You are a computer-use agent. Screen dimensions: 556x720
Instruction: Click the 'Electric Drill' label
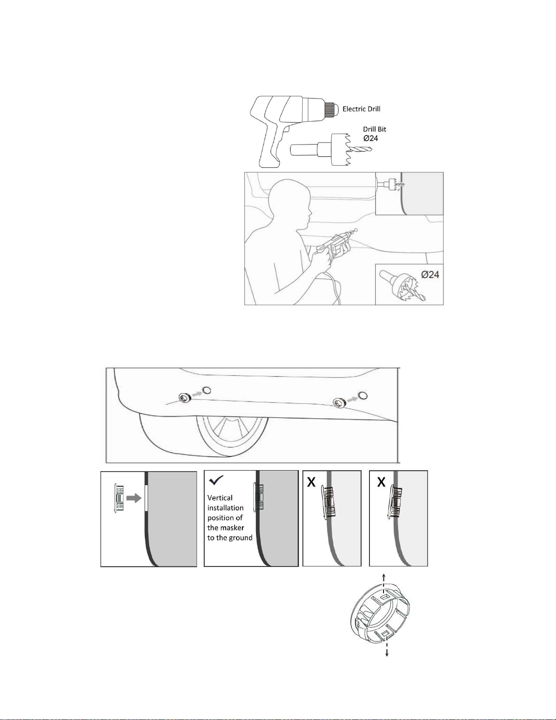pos(361,109)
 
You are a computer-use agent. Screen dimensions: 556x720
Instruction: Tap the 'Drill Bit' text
pos(374,129)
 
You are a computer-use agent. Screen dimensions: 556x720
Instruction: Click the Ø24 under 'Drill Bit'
pos(371,138)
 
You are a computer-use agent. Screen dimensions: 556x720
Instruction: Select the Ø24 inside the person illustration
pos(430,274)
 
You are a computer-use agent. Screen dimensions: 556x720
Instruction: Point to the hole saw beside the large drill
pos(331,150)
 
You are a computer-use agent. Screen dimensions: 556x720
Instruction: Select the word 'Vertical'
pos(220,498)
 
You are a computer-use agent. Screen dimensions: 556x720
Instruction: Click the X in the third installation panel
pos(311,482)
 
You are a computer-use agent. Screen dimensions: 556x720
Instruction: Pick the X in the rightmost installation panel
pos(381,482)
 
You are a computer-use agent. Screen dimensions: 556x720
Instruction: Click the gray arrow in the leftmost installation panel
pos(134,499)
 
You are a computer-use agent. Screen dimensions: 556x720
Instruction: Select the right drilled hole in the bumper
pos(363,395)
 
